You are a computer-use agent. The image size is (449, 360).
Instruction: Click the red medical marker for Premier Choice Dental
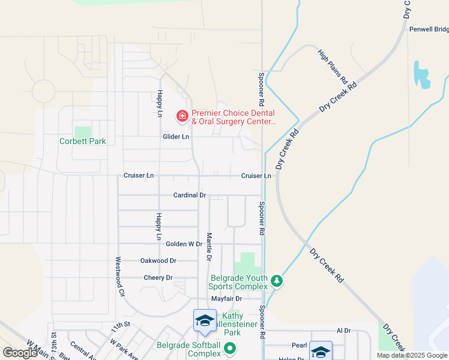[x=181, y=115]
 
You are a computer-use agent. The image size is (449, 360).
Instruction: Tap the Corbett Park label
[x=82, y=142]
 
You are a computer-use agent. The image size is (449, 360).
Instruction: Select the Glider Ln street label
[x=176, y=137]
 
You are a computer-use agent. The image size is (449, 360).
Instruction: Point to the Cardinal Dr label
[x=190, y=196]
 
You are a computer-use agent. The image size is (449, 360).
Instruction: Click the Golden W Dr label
[x=184, y=244]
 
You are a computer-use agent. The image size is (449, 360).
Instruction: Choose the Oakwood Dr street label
[x=158, y=261]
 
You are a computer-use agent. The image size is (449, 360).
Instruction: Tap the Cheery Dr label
[x=158, y=278]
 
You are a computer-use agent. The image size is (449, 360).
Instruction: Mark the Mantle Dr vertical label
[x=209, y=247]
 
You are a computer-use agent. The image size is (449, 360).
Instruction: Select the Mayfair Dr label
[x=226, y=298]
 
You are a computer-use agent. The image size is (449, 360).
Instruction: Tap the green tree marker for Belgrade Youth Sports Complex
[x=276, y=281]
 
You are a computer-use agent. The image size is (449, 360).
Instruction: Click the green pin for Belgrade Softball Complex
[x=229, y=348]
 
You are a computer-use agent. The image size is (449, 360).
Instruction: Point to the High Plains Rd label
[x=333, y=66]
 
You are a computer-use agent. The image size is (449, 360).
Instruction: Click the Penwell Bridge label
[x=429, y=29]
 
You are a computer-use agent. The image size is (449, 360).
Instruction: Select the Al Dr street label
[x=343, y=331]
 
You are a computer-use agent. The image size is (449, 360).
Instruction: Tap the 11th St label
[x=120, y=325]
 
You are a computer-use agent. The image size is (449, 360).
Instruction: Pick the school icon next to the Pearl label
[x=321, y=351]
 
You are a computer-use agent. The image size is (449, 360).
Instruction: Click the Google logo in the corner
[x=20, y=353]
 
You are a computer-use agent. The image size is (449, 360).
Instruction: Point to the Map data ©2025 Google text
[x=412, y=355]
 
